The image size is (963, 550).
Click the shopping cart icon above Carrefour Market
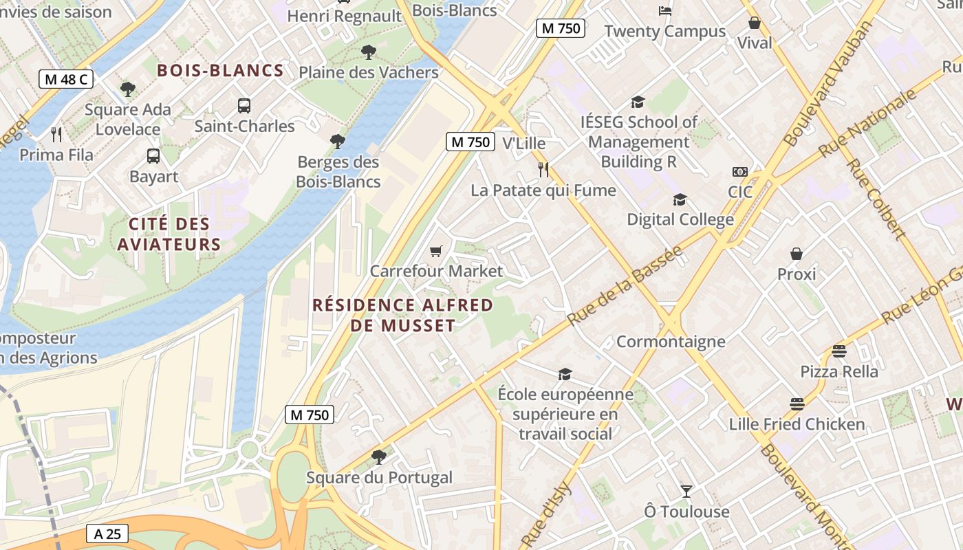(435, 251)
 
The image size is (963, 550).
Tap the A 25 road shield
(107, 533)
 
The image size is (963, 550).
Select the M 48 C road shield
(65, 79)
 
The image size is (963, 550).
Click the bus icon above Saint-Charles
(244, 106)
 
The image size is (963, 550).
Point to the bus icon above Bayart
(153, 156)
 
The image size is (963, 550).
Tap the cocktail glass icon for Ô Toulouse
(686, 491)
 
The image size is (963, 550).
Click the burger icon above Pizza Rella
(838, 351)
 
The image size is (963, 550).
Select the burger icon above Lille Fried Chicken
(797, 404)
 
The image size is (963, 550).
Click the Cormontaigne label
(671, 342)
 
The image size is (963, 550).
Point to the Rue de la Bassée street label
(625, 285)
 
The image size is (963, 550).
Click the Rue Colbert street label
(875, 199)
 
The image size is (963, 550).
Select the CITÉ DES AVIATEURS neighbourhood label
(169, 234)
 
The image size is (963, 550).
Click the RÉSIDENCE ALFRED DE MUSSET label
(403, 315)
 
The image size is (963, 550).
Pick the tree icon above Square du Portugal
(378, 456)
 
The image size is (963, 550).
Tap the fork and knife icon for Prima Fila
(56, 134)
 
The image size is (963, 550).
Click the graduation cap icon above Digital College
(680, 199)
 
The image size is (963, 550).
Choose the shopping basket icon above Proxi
(797, 254)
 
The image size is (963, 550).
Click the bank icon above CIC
(740, 172)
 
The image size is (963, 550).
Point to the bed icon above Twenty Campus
(664, 11)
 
